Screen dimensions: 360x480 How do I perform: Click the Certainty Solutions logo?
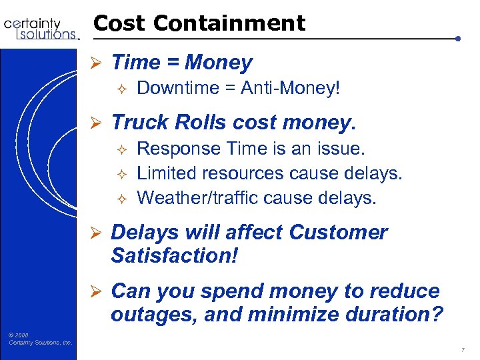point(41,28)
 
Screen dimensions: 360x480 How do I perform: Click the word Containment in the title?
point(229,23)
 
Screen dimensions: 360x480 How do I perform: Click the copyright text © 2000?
point(19,335)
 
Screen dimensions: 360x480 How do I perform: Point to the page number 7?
point(463,349)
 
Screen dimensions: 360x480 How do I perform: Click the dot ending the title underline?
point(458,38)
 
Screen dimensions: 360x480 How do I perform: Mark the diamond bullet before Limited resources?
point(121,173)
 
